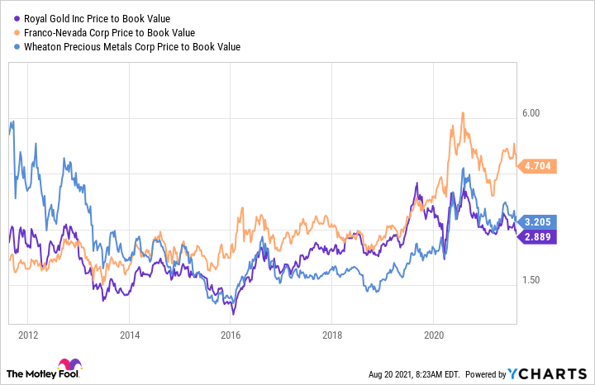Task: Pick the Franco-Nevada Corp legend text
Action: click(x=112, y=33)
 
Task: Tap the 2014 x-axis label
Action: click(x=129, y=335)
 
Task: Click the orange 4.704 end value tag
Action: click(x=537, y=165)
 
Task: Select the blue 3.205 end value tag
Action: click(x=537, y=221)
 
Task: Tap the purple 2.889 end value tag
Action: click(x=537, y=237)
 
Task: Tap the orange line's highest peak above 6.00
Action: click(x=464, y=113)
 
